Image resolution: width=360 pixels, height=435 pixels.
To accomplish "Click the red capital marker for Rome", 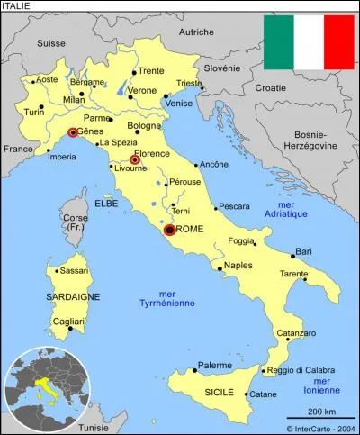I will pos(169,231).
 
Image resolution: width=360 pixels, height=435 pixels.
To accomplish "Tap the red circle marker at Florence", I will pos(135,160).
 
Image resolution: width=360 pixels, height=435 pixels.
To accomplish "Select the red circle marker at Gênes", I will pos(73,132).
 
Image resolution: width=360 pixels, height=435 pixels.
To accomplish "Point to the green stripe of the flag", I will pos(278,41).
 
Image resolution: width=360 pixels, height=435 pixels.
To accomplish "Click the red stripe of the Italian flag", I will pos(339,41).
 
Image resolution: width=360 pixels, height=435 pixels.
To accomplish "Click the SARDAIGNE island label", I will pos(54,296).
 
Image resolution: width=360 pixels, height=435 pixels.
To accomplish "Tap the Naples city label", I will pos(238,266).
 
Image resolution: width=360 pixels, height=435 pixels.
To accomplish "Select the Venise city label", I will pos(179,103).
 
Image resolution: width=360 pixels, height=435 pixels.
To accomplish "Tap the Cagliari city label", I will pos(68,321).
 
